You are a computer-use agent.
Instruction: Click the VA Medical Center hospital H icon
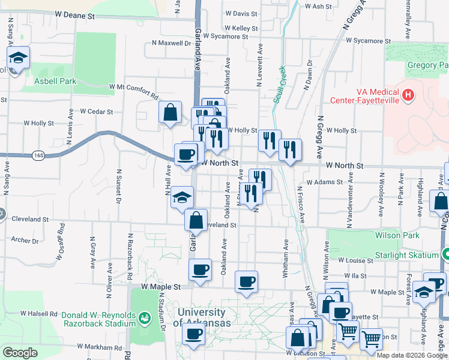[x=409, y=95]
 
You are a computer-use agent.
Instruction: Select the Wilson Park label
[x=397, y=235]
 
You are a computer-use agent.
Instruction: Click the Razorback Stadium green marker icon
[x=144, y=317]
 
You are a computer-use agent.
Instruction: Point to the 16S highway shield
[x=39, y=155]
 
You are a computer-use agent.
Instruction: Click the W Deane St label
[x=74, y=13]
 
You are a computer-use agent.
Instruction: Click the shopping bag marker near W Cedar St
[x=170, y=112]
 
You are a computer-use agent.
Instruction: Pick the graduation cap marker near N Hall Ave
[x=182, y=197]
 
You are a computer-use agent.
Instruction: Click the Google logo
[x=20, y=353]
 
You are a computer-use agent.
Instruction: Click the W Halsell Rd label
[x=38, y=313]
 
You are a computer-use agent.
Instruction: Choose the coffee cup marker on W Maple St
[x=246, y=281]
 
